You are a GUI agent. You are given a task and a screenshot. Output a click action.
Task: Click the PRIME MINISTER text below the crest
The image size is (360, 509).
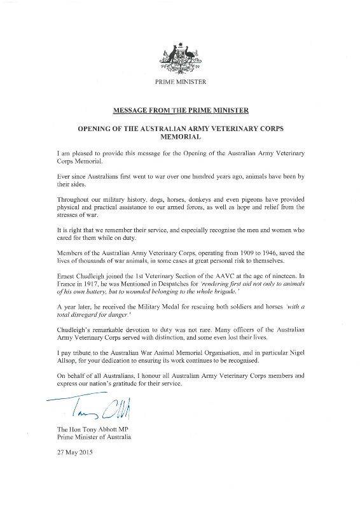(180, 83)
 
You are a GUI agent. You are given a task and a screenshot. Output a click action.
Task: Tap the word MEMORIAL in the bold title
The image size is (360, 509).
(180, 136)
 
